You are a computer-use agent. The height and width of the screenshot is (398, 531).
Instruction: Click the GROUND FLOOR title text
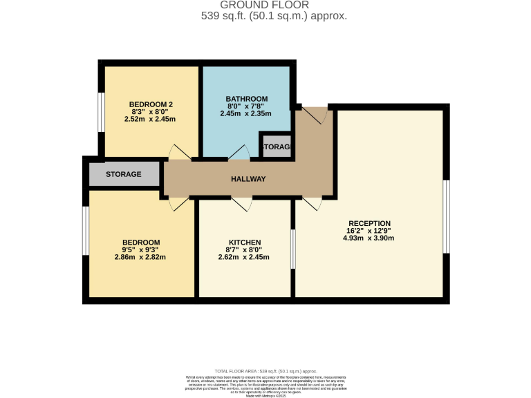pyautogui.click(x=265, y=5)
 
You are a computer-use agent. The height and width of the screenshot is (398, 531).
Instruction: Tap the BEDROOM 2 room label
pyautogui.click(x=151, y=104)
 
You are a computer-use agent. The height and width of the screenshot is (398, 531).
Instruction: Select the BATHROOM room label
pyautogui.click(x=246, y=99)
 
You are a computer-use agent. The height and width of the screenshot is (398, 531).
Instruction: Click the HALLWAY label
pyautogui.click(x=248, y=179)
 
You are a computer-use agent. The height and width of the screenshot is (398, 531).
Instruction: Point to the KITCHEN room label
pyautogui.click(x=244, y=242)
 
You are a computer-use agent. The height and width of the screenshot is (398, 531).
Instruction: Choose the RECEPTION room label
pyautogui.click(x=369, y=223)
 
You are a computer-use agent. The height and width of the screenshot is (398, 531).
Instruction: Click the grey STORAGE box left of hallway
pyautogui.click(x=124, y=174)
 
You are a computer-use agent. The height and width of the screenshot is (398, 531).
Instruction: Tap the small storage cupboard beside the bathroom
pyautogui.click(x=277, y=147)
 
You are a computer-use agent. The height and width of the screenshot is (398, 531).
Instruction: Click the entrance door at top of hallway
pyautogui.click(x=315, y=115)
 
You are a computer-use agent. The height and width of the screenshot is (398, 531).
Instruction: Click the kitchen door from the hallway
pyautogui.click(x=242, y=204)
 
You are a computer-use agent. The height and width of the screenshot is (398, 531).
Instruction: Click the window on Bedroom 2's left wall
pyautogui.click(x=101, y=110)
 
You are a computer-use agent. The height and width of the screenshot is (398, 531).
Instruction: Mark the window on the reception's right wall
pyautogui.click(x=447, y=216)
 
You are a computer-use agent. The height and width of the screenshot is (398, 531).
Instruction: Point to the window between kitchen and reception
pyautogui.click(x=292, y=249)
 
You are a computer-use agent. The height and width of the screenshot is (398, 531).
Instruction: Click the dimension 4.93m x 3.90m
pyautogui.click(x=369, y=238)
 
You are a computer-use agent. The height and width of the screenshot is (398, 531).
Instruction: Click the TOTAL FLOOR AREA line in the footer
pyautogui.click(x=265, y=371)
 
